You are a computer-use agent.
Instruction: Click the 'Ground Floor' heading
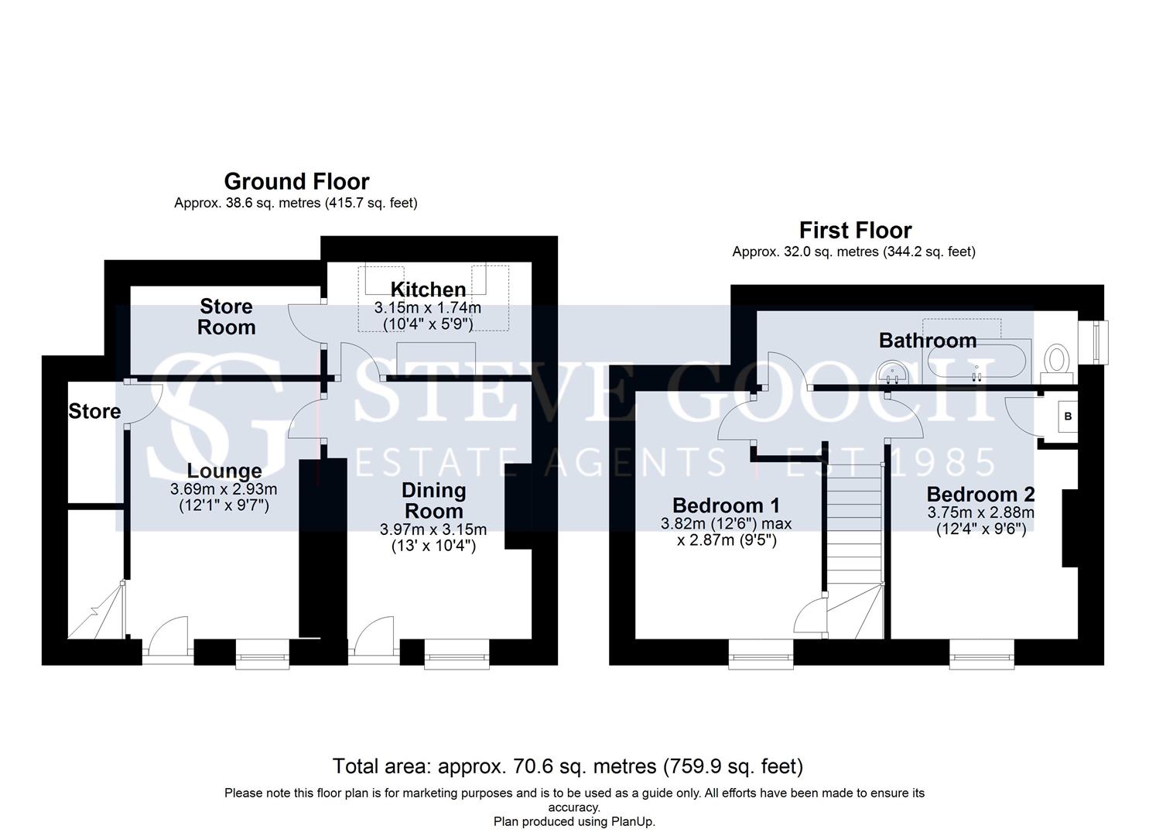296,182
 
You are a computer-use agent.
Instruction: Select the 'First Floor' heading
855,231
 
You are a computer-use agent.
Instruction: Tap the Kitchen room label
428,290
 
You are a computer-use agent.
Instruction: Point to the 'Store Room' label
226,317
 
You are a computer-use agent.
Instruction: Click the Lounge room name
224,471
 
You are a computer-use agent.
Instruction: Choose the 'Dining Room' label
434,500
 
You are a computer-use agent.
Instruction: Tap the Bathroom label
928,341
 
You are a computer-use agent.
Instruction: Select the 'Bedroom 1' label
726,505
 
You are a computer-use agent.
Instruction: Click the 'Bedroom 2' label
980,494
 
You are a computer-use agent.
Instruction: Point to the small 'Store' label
94,411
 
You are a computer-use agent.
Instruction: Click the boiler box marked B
1068,416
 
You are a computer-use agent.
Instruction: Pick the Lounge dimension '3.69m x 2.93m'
224,488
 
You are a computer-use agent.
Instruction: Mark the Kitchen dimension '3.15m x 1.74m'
428,308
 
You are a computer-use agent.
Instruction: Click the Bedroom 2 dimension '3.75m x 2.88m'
980,512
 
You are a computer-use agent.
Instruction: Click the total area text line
568,766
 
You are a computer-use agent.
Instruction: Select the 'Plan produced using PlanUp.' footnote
574,821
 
